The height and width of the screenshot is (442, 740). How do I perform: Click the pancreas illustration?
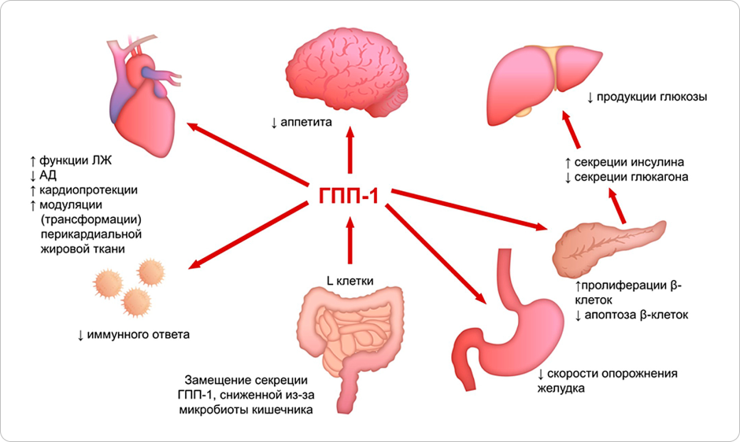click(x=607, y=243)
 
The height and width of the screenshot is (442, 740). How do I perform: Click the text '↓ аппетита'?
click(x=302, y=123)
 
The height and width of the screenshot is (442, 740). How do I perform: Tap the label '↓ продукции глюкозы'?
click(x=646, y=98)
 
